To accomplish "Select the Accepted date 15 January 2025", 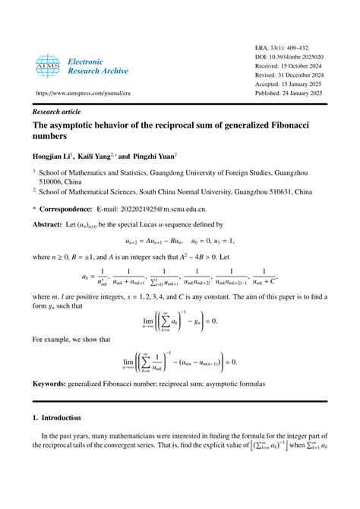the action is point(298,86).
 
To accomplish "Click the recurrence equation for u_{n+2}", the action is point(180,242).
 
